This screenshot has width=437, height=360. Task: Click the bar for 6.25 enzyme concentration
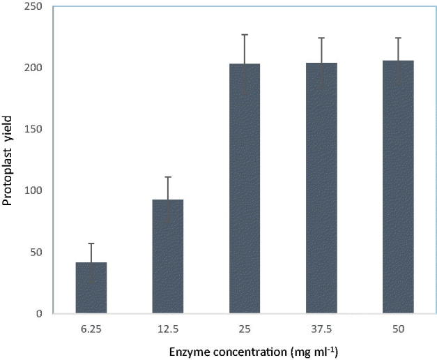pos(91,287)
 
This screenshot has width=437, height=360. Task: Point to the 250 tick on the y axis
pos(31,7)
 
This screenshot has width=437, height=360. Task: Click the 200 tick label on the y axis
pos(31,68)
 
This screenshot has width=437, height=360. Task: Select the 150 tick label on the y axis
pos(31,129)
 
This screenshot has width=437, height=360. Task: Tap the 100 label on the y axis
pos(31,190)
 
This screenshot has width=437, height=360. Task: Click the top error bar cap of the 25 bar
pos(245,34)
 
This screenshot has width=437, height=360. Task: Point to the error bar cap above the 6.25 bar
pos(91,243)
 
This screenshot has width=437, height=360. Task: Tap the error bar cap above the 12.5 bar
pos(168,177)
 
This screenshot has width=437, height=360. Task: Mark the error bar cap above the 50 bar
pos(398,38)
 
